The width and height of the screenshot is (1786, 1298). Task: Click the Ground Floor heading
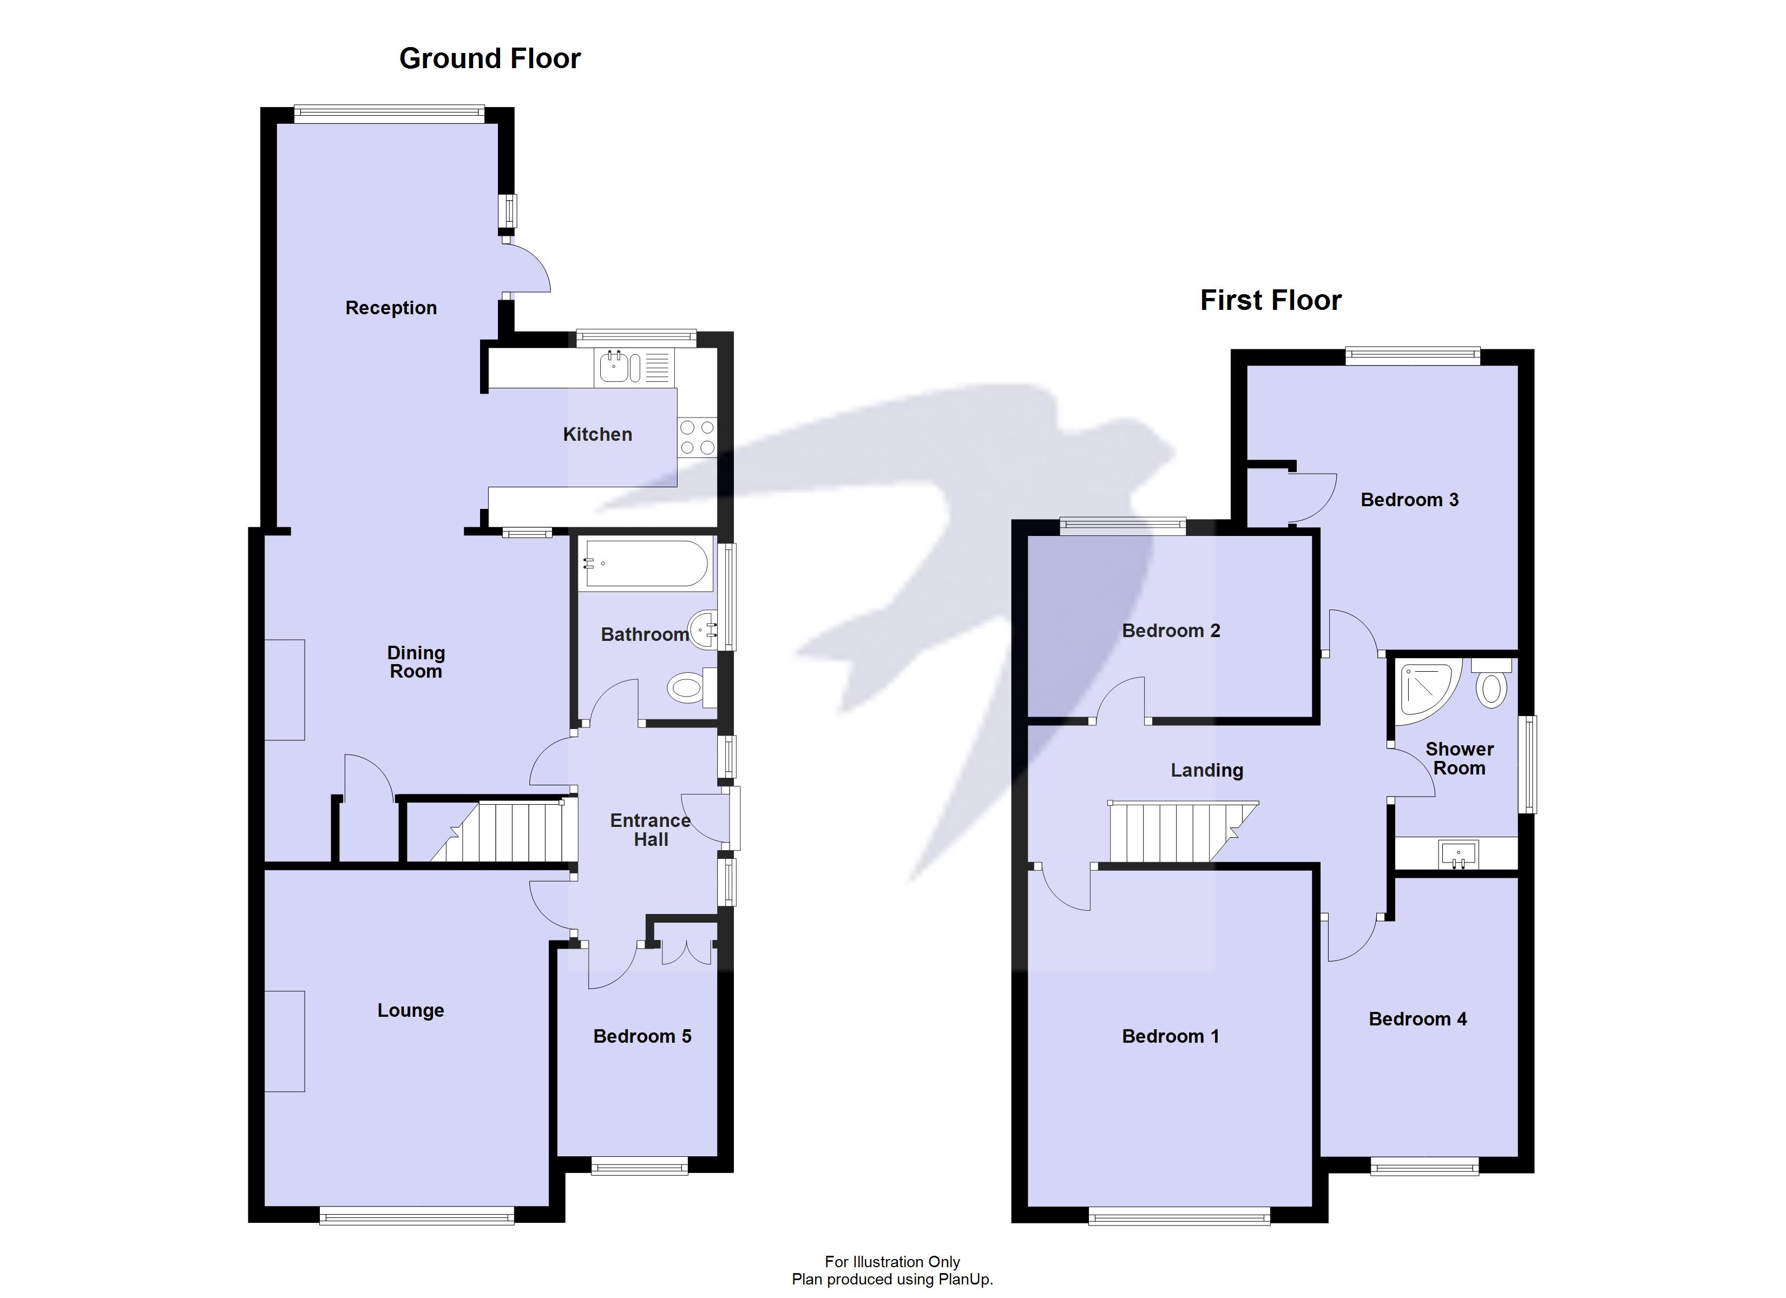pyautogui.click(x=489, y=59)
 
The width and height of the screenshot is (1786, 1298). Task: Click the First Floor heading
pyautogui.click(x=1270, y=301)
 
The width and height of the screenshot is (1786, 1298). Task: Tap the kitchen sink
pyautogui.click(x=615, y=367)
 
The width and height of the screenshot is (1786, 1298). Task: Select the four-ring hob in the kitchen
pyautogui.click(x=697, y=438)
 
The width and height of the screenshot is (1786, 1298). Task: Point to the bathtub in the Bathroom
pyautogui.click(x=645, y=564)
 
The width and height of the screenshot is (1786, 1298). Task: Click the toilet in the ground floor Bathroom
pyautogui.click(x=691, y=688)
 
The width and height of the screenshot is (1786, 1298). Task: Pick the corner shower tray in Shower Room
pyautogui.click(x=1422, y=690)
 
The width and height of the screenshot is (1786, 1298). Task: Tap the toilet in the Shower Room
pyautogui.click(x=1490, y=685)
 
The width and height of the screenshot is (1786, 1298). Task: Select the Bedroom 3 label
pyautogui.click(x=1409, y=500)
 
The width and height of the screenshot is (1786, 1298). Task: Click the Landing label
pyautogui.click(x=1206, y=771)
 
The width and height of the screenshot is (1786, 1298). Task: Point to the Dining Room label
pyautogui.click(x=416, y=662)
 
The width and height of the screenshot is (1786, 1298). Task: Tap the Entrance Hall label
pyautogui.click(x=651, y=830)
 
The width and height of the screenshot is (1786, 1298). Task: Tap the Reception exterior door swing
pyautogui.click(x=526, y=270)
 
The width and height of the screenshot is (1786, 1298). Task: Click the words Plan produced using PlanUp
pyautogui.click(x=892, y=1280)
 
